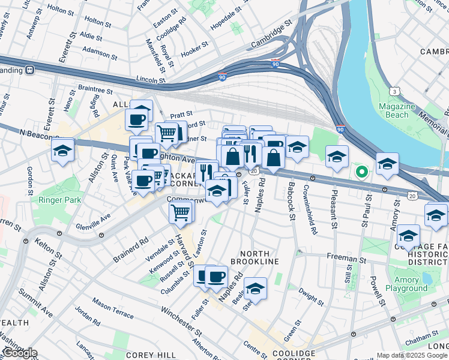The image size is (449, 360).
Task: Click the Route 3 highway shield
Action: click(394, 91)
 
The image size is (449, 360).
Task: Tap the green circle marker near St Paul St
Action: click(361, 173)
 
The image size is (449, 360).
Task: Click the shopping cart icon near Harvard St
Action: click(181, 212)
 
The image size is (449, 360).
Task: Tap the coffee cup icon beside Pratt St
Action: click(138, 118)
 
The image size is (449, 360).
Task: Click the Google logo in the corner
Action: click(19, 353)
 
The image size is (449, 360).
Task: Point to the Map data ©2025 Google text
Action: click(411, 355)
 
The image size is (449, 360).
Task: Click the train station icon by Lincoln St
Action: click(29, 70)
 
